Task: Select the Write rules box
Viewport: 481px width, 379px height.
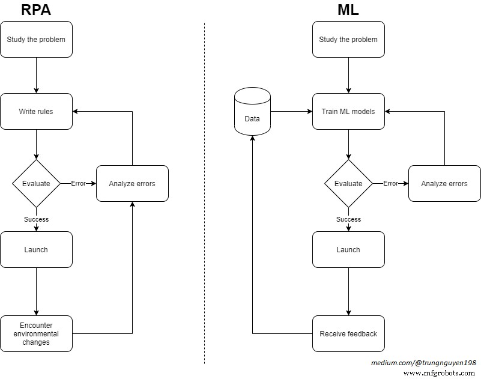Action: pyautogui.click(x=36, y=111)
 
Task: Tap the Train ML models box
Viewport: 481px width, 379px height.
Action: pyautogui.click(x=348, y=111)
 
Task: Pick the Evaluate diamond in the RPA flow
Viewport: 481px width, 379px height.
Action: pyautogui.click(x=36, y=183)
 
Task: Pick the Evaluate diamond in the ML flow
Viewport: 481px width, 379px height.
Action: pyautogui.click(x=348, y=183)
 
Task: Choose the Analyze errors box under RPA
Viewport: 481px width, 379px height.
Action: pyautogui.click(x=132, y=183)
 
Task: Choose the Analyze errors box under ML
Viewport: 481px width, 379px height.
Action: pyautogui.click(x=444, y=183)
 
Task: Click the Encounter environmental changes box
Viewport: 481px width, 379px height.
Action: pyautogui.click(x=36, y=333)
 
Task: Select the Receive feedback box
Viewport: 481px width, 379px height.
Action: pyautogui.click(x=348, y=333)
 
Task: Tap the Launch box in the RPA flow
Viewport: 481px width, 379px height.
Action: pyautogui.click(x=36, y=249)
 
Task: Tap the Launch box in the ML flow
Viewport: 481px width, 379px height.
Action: pyautogui.click(x=348, y=249)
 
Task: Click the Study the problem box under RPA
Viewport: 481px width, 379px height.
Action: pyautogui.click(x=36, y=40)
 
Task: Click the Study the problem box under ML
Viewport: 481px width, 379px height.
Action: pyautogui.click(x=348, y=40)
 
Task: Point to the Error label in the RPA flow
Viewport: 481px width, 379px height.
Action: pyautogui.click(x=78, y=183)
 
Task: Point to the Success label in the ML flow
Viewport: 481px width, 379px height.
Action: pyautogui.click(x=348, y=219)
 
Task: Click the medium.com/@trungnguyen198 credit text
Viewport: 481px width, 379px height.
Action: pyautogui.click(x=423, y=363)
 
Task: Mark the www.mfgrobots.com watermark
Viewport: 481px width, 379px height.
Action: pyautogui.click(x=439, y=373)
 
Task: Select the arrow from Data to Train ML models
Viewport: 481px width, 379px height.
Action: pyautogui.click(x=291, y=111)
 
